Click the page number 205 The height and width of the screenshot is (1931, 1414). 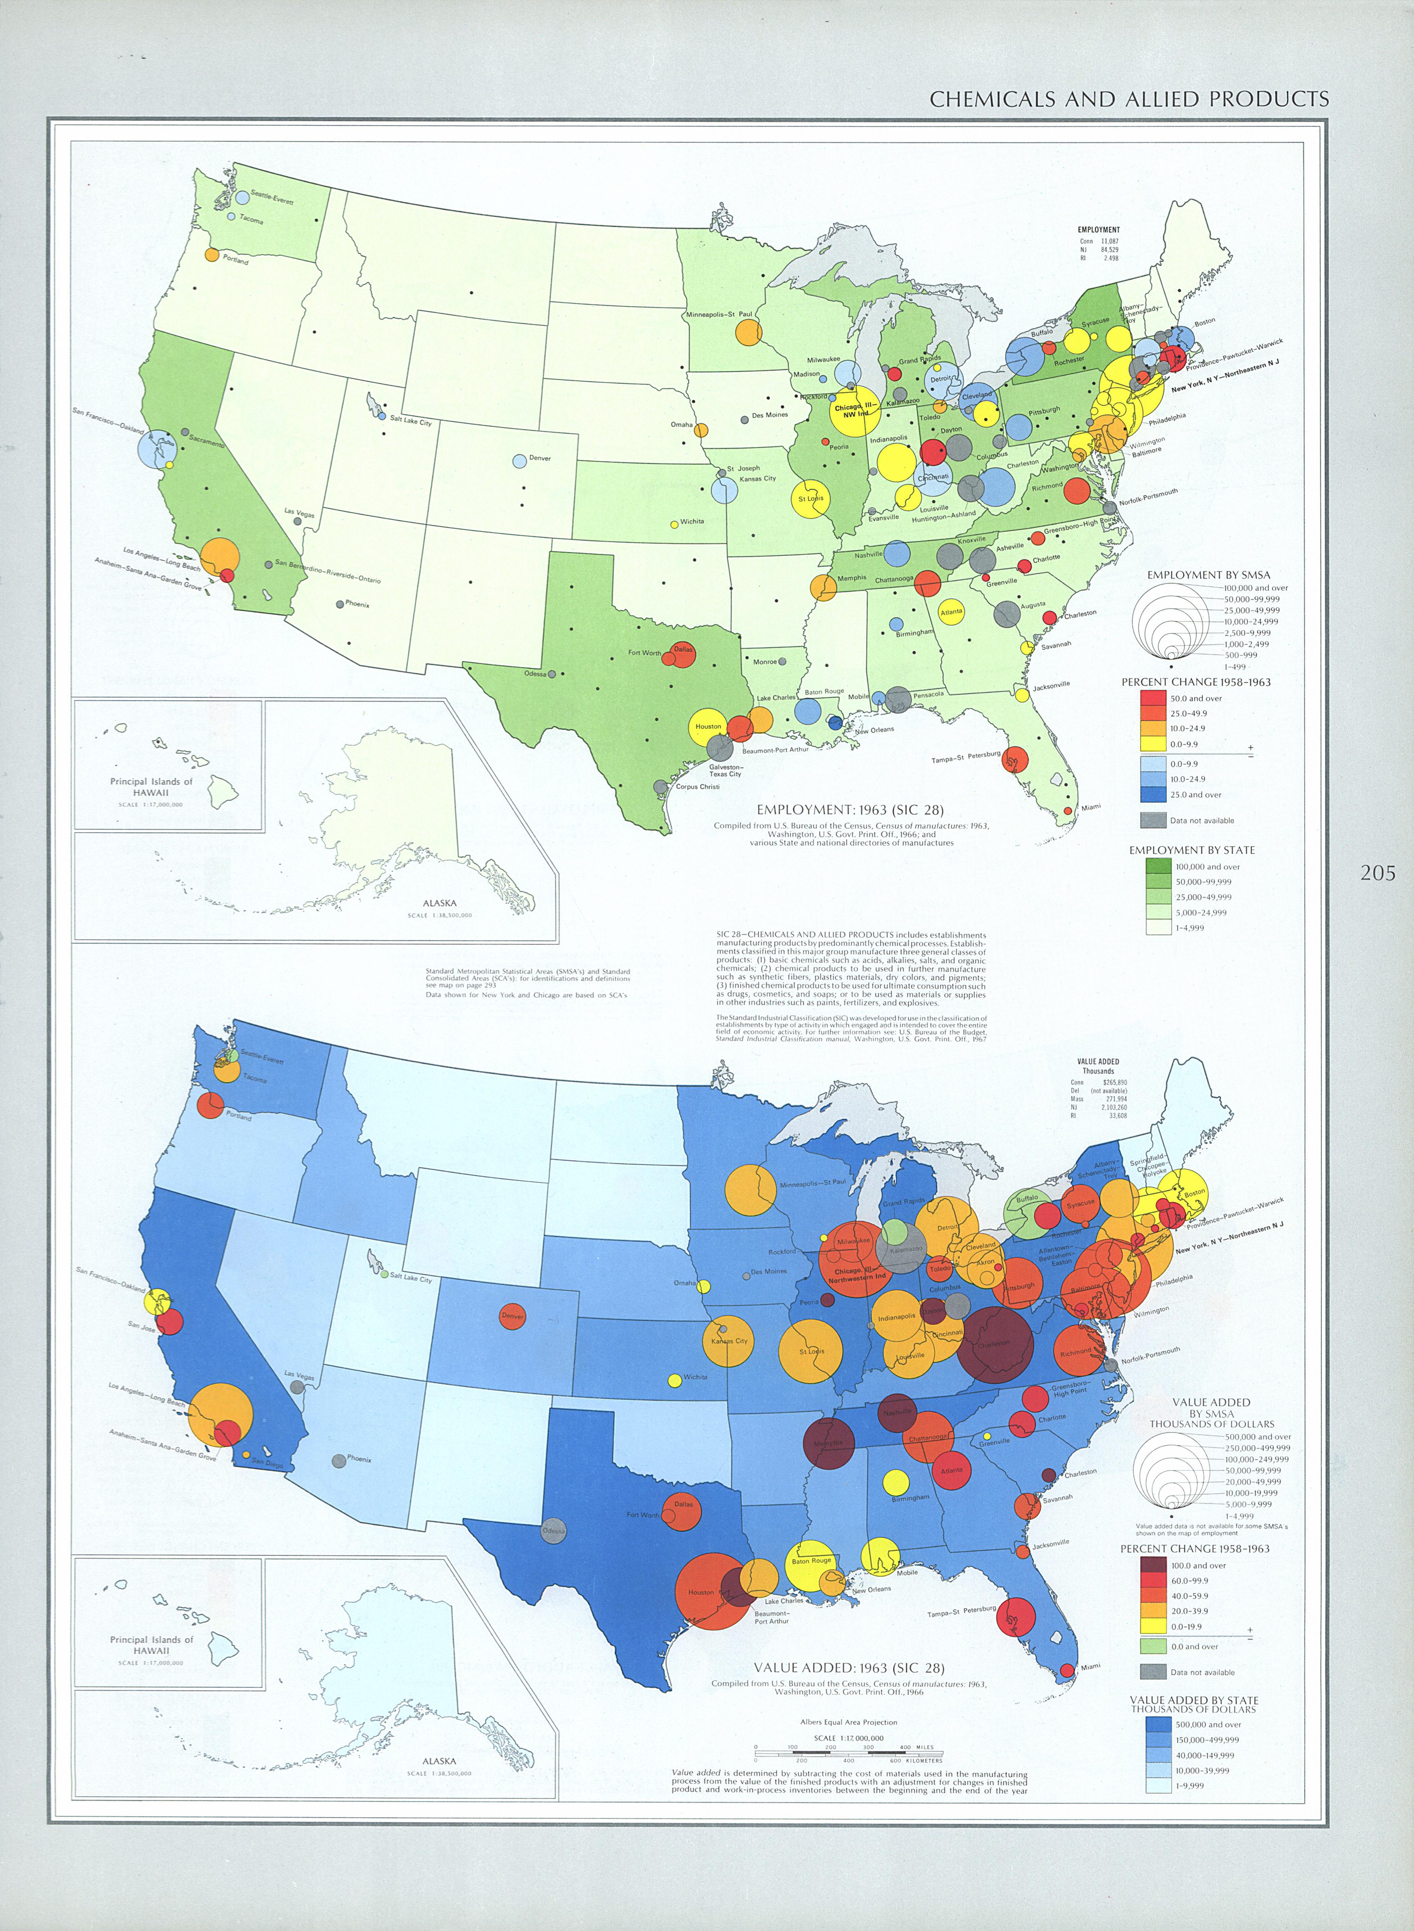pos(1377,873)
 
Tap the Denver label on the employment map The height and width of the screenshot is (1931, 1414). pos(540,458)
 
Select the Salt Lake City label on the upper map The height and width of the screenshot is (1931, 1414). pos(411,421)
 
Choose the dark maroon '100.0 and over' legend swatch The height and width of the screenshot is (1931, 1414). pos(1154,1566)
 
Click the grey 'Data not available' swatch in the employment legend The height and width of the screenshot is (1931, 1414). pos(1154,820)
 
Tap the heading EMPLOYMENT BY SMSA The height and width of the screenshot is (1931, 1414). pos(1209,574)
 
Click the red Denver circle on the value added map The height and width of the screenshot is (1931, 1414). pos(513,1316)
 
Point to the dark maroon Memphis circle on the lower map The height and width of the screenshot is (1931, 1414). pos(829,1444)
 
